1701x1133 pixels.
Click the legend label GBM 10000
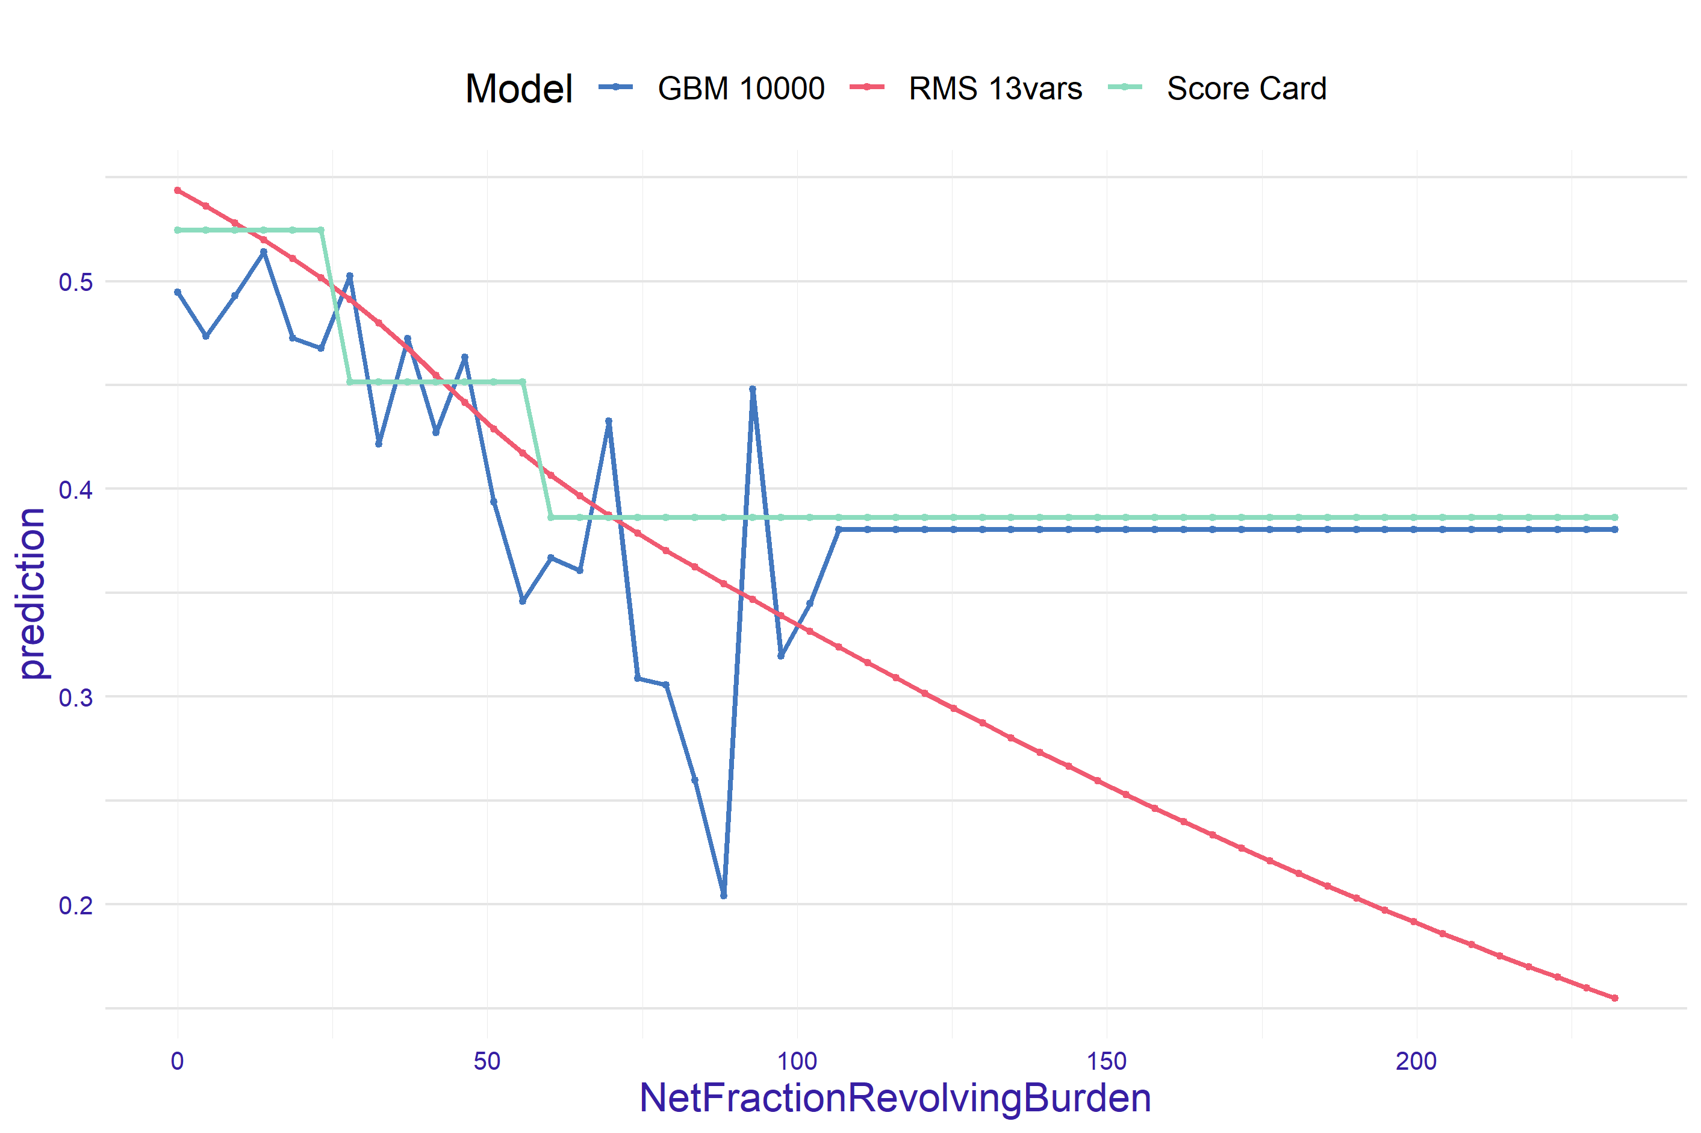pos(741,88)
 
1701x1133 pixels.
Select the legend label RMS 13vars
pos(995,88)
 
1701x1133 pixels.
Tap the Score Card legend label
pos(1246,88)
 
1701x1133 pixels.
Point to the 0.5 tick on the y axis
pos(76,282)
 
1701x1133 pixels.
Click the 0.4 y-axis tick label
pos(76,489)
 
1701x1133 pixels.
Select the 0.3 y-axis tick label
pos(76,698)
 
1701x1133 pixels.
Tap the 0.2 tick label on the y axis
pos(76,905)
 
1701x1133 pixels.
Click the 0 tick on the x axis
pos(177,1061)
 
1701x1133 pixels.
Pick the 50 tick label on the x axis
pos(487,1061)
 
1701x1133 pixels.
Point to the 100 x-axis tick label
pos(797,1061)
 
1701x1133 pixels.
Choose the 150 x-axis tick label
pos(1107,1061)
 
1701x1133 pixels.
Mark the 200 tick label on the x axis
pos(1416,1061)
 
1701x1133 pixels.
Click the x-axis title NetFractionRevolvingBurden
pos(895,1097)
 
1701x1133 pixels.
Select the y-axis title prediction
pos(33,593)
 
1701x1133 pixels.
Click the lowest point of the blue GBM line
pos(724,895)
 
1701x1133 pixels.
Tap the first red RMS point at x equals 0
pos(178,190)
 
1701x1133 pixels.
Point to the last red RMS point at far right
pos(1615,998)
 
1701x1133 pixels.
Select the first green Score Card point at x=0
pos(178,229)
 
